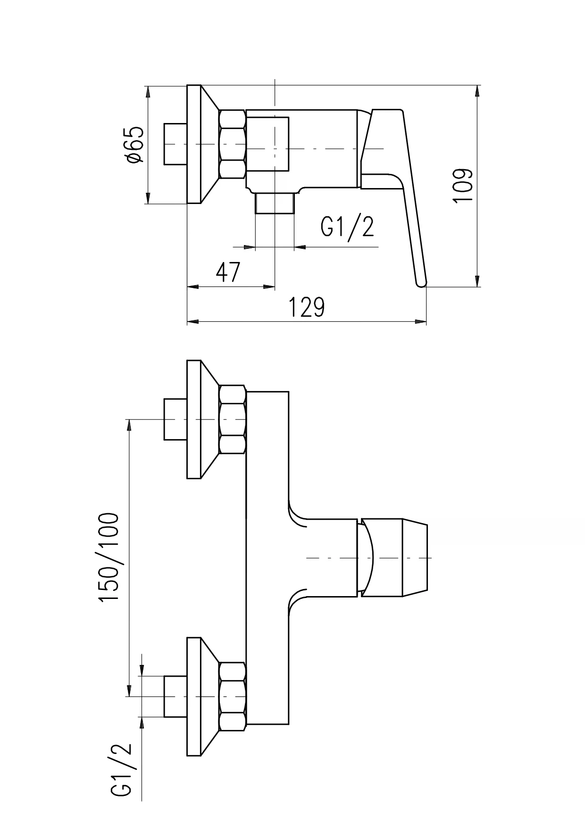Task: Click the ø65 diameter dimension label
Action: pyautogui.click(x=134, y=145)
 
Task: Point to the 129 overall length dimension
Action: pyautogui.click(x=307, y=308)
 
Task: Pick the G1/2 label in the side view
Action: pyautogui.click(x=347, y=227)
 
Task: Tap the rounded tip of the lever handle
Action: pyautogui.click(x=421, y=283)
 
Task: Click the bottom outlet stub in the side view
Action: pyautogui.click(x=274, y=203)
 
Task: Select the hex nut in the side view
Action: pyautogui.click(x=233, y=144)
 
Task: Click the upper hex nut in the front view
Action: pyautogui.click(x=233, y=419)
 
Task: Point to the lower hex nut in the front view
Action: pyautogui.click(x=233, y=696)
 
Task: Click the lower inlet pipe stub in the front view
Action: pyautogui.click(x=175, y=696)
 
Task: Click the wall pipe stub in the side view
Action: pyautogui.click(x=175, y=144)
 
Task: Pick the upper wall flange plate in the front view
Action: pyautogui.click(x=194, y=419)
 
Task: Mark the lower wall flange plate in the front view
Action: pyautogui.click(x=194, y=696)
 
